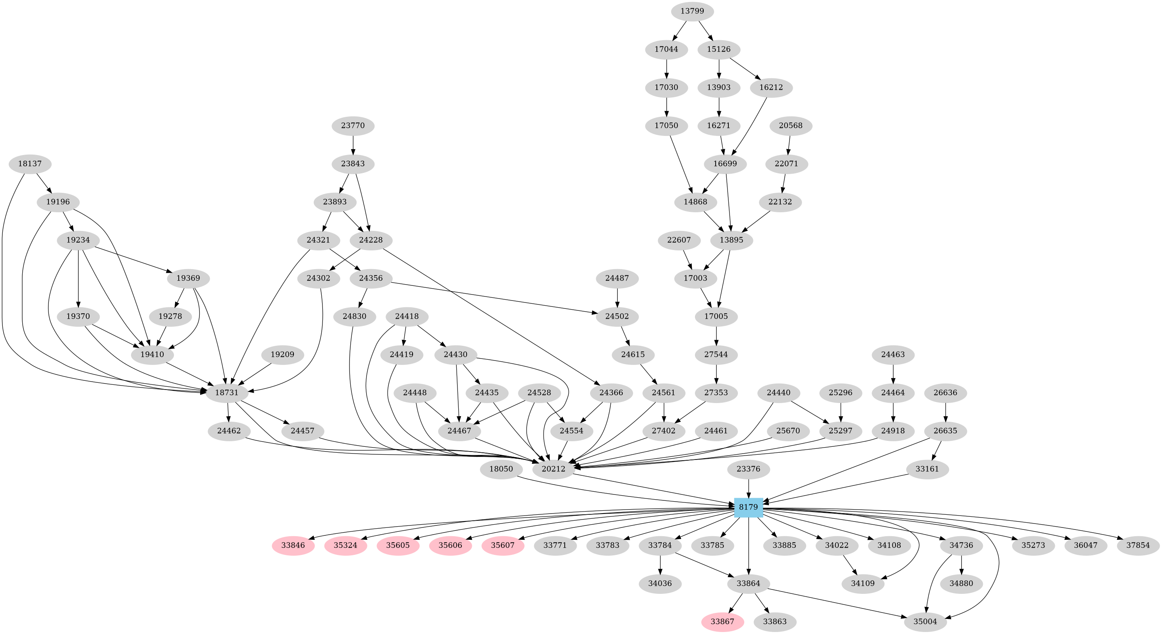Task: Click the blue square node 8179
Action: (x=748, y=507)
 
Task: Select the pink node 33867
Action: (x=722, y=621)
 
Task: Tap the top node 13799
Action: (x=692, y=11)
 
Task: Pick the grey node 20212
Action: (x=554, y=469)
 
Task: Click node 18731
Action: (x=226, y=392)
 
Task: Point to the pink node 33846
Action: (x=293, y=545)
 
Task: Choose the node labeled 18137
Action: (x=30, y=163)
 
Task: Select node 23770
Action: (x=353, y=125)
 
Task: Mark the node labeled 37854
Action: (x=1138, y=545)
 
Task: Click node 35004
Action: (x=925, y=621)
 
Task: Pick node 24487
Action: (x=617, y=278)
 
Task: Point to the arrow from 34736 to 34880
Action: (x=962, y=564)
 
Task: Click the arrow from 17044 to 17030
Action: (x=666, y=68)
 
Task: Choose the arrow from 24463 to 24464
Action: (x=893, y=374)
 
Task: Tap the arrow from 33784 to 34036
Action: (x=660, y=564)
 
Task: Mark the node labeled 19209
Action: (x=282, y=355)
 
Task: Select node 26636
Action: (x=945, y=392)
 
